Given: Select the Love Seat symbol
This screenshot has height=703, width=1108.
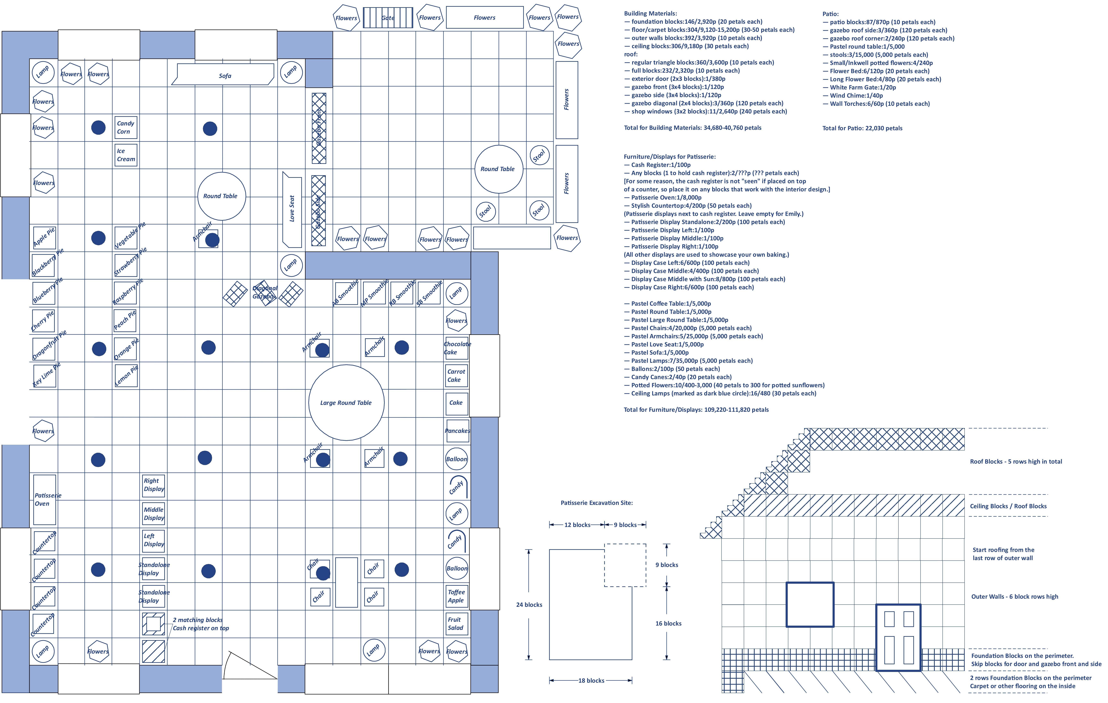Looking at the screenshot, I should (x=292, y=209).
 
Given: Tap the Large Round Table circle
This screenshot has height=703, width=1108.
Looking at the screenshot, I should (x=346, y=403).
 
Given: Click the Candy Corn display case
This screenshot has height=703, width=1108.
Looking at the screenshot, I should (x=126, y=127).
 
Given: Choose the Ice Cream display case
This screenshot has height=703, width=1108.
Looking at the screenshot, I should (x=126, y=155).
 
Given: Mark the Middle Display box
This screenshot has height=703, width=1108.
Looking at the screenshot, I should (x=153, y=513).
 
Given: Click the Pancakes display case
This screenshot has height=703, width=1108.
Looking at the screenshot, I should (x=457, y=431).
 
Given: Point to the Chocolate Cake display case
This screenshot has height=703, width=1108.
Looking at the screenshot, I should (x=456, y=348).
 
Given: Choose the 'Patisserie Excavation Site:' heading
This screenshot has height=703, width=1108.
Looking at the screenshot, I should (x=596, y=503).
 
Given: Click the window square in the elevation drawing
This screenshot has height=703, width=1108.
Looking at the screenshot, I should (x=810, y=605).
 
